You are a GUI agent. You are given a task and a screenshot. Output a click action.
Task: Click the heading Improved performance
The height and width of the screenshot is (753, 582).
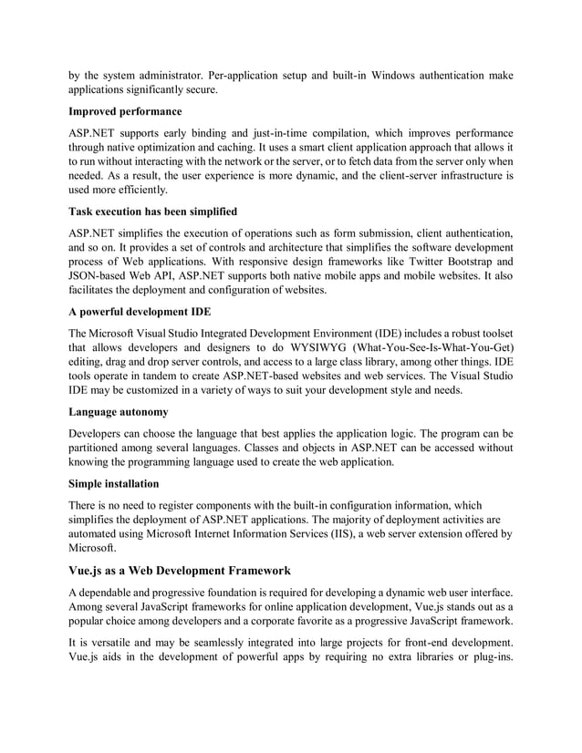[x=125, y=111]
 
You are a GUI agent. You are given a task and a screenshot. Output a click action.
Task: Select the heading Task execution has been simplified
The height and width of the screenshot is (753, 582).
[x=152, y=211]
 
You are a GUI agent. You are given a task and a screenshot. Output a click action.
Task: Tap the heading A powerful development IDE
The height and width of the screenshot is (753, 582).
[x=140, y=311]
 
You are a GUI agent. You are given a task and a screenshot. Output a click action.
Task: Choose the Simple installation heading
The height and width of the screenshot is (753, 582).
[x=113, y=483]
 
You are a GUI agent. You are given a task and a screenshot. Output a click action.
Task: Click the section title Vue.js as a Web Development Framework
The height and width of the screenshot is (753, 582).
[x=180, y=571]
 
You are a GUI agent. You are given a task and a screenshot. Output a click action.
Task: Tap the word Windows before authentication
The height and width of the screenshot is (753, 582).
[x=401, y=75]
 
